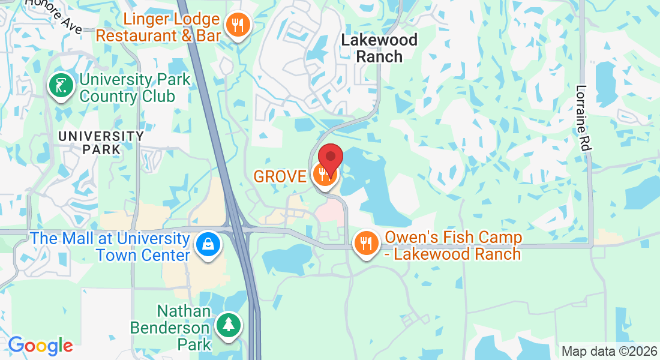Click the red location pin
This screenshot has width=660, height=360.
[330, 158]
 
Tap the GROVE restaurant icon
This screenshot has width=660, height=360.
[325, 176]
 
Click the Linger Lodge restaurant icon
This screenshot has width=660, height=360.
[239, 25]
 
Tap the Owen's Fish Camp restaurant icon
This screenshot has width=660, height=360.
[365, 243]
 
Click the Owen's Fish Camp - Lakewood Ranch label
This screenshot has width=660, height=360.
[453, 245]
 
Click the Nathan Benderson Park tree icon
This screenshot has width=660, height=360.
[228, 326]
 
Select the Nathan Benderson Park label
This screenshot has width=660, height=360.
[184, 328]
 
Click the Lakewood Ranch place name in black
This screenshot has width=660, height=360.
[379, 49]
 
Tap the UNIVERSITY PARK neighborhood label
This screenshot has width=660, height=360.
[101, 142]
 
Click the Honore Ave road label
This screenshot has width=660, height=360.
[59, 13]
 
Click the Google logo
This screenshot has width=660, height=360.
[40, 346]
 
